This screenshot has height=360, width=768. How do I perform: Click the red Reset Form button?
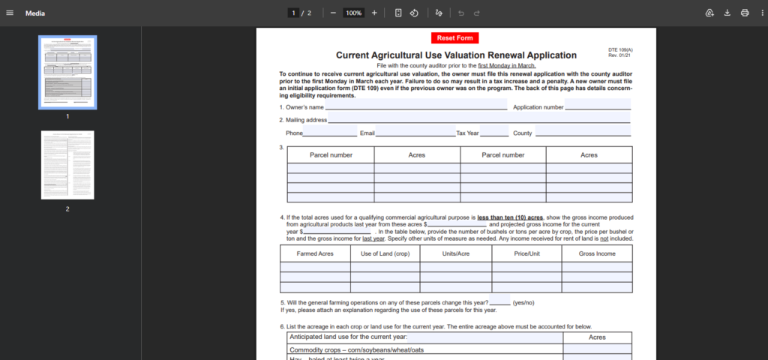(454, 38)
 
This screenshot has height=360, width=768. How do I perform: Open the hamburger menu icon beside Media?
(10, 13)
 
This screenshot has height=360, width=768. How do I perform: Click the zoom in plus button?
(374, 13)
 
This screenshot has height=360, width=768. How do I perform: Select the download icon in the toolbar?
(727, 13)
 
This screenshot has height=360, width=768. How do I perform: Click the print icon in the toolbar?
(745, 13)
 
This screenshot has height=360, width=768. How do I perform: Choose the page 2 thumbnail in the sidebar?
(67, 165)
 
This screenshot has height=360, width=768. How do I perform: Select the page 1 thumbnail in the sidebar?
(67, 72)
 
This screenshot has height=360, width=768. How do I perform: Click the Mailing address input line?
(478, 119)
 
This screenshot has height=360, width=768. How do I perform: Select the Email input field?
(415, 133)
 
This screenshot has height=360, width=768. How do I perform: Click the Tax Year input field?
(494, 133)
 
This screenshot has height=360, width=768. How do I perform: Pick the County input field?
(582, 133)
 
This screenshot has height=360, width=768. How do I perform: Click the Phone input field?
(330, 133)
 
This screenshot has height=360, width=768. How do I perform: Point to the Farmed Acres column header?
(315, 253)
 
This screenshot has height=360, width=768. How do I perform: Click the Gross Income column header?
(597, 253)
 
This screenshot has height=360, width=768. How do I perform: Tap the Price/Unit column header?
(527, 253)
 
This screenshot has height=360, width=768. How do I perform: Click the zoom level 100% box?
(353, 13)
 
